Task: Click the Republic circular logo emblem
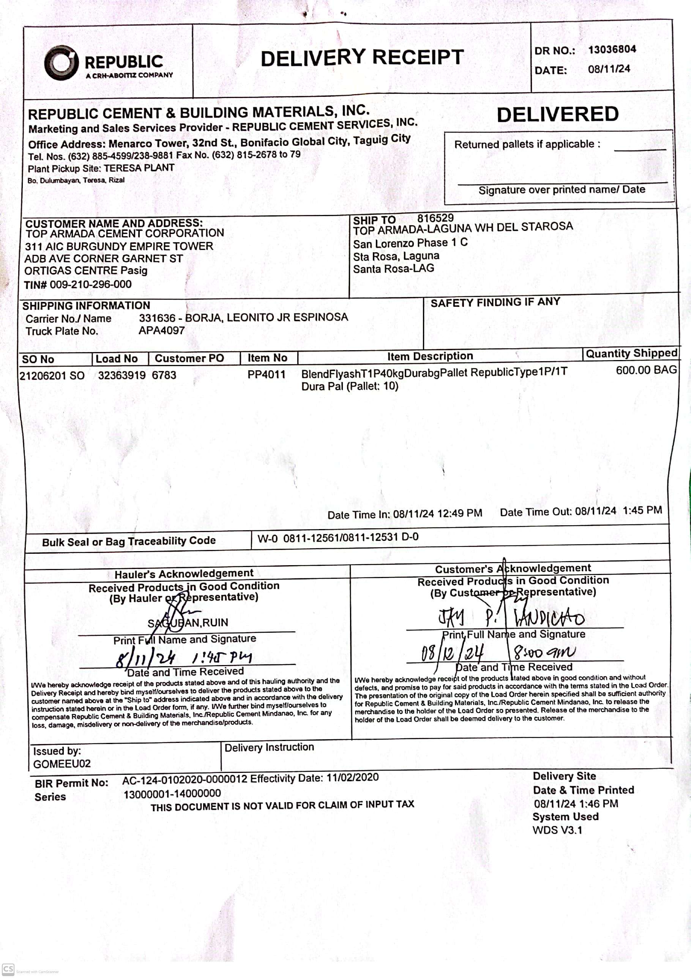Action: (x=61, y=63)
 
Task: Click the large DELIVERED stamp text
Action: (x=557, y=114)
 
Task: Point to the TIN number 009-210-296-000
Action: (x=90, y=284)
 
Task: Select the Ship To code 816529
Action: (x=435, y=218)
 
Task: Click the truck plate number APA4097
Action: (x=161, y=330)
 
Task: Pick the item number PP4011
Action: (x=266, y=374)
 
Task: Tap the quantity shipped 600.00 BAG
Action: (x=646, y=370)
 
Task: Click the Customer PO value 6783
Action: (x=164, y=375)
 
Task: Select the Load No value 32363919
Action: (x=121, y=375)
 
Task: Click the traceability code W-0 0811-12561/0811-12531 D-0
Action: (x=338, y=537)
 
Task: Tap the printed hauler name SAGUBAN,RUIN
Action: (x=188, y=623)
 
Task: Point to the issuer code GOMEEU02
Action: (x=62, y=764)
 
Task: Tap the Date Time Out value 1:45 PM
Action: (x=642, y=510)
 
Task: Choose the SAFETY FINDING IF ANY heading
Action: (x=495, y=302)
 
